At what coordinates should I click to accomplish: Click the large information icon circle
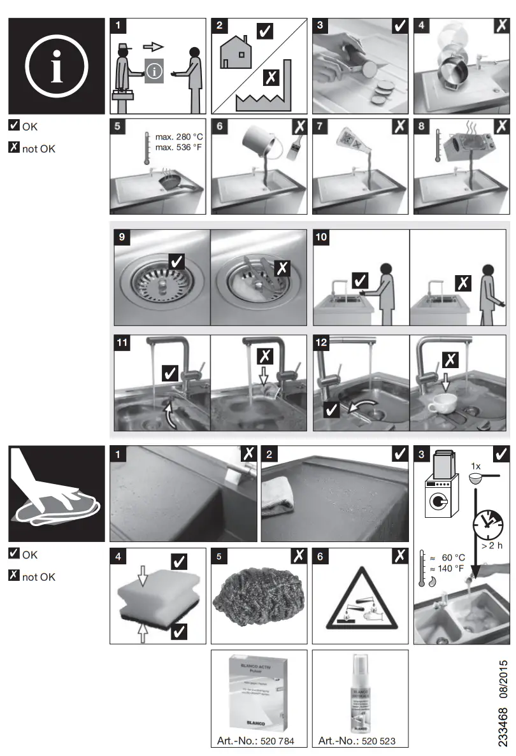click(x=56, y=66)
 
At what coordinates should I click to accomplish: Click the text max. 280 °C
click(x=179, y=137)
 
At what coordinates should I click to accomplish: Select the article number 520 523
click(x=376, y=741)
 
